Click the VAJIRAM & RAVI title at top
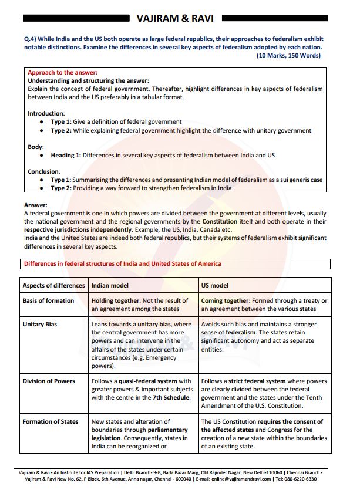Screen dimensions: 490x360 click(179, 18)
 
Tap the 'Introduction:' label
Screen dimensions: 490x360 click(46, 113)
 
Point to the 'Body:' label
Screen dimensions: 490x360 click(36, 147)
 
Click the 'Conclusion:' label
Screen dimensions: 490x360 click(44, 171)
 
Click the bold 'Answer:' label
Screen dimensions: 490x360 click(35, 205)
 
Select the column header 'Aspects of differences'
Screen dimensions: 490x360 click(53, 285)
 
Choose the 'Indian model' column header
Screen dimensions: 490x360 click(112, 285)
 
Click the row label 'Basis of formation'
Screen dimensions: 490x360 click(48, 300)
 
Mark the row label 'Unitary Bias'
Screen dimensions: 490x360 click(40, 324)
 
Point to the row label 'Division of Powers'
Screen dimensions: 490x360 click(49, 381)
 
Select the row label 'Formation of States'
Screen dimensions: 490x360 click(51, 421)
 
